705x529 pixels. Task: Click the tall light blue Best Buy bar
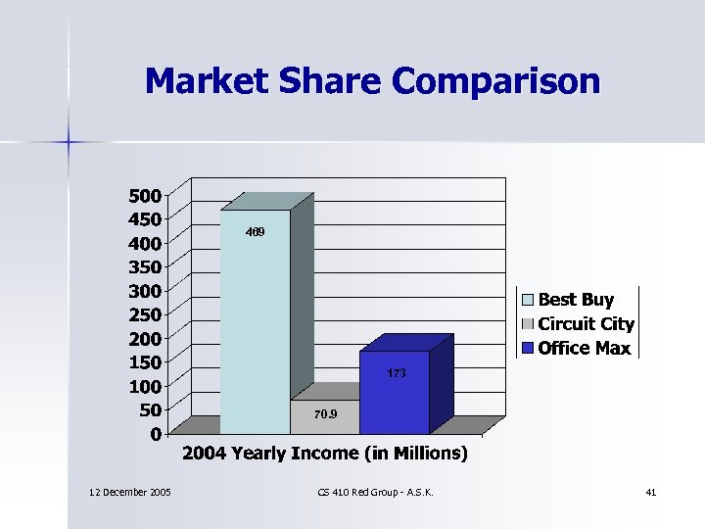point(256,323)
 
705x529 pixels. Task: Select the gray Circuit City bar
point(325,416)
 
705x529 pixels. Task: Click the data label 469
point(255,232)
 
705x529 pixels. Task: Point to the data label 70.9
point(325,414)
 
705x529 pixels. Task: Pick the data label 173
point(395,373)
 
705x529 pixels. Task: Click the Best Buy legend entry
point(576,300)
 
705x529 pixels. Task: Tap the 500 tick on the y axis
point(146,195)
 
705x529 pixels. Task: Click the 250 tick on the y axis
point(146,313)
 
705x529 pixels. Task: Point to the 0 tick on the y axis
point(156,433)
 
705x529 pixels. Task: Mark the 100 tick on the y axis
point(146,385)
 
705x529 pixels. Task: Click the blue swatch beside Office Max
point(528,348)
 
